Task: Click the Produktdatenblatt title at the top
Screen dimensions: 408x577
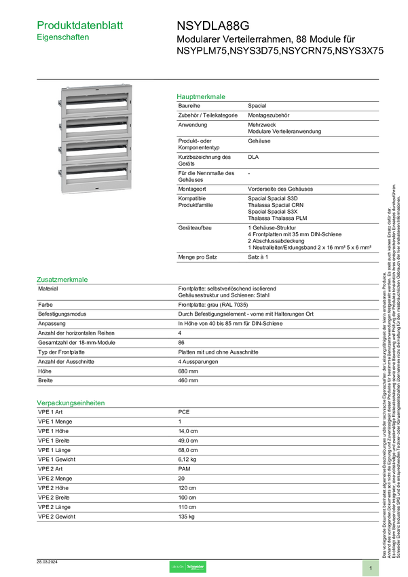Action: click(81, 25)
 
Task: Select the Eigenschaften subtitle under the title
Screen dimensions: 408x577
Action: click(63, 39)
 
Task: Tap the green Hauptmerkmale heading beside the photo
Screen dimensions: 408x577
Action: click(201, 97)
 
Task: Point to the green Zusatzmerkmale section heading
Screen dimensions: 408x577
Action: click(63, 279)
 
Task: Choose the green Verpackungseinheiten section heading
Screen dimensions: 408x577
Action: click(71, 403)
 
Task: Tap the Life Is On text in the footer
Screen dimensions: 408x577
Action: click(178, 567)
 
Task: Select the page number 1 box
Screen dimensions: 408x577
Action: click(371, 567)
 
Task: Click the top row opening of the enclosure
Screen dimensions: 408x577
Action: click(95, 104)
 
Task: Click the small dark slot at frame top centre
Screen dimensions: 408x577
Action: click(96, 89)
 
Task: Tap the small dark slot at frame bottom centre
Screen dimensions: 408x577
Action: click(96, 189)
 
